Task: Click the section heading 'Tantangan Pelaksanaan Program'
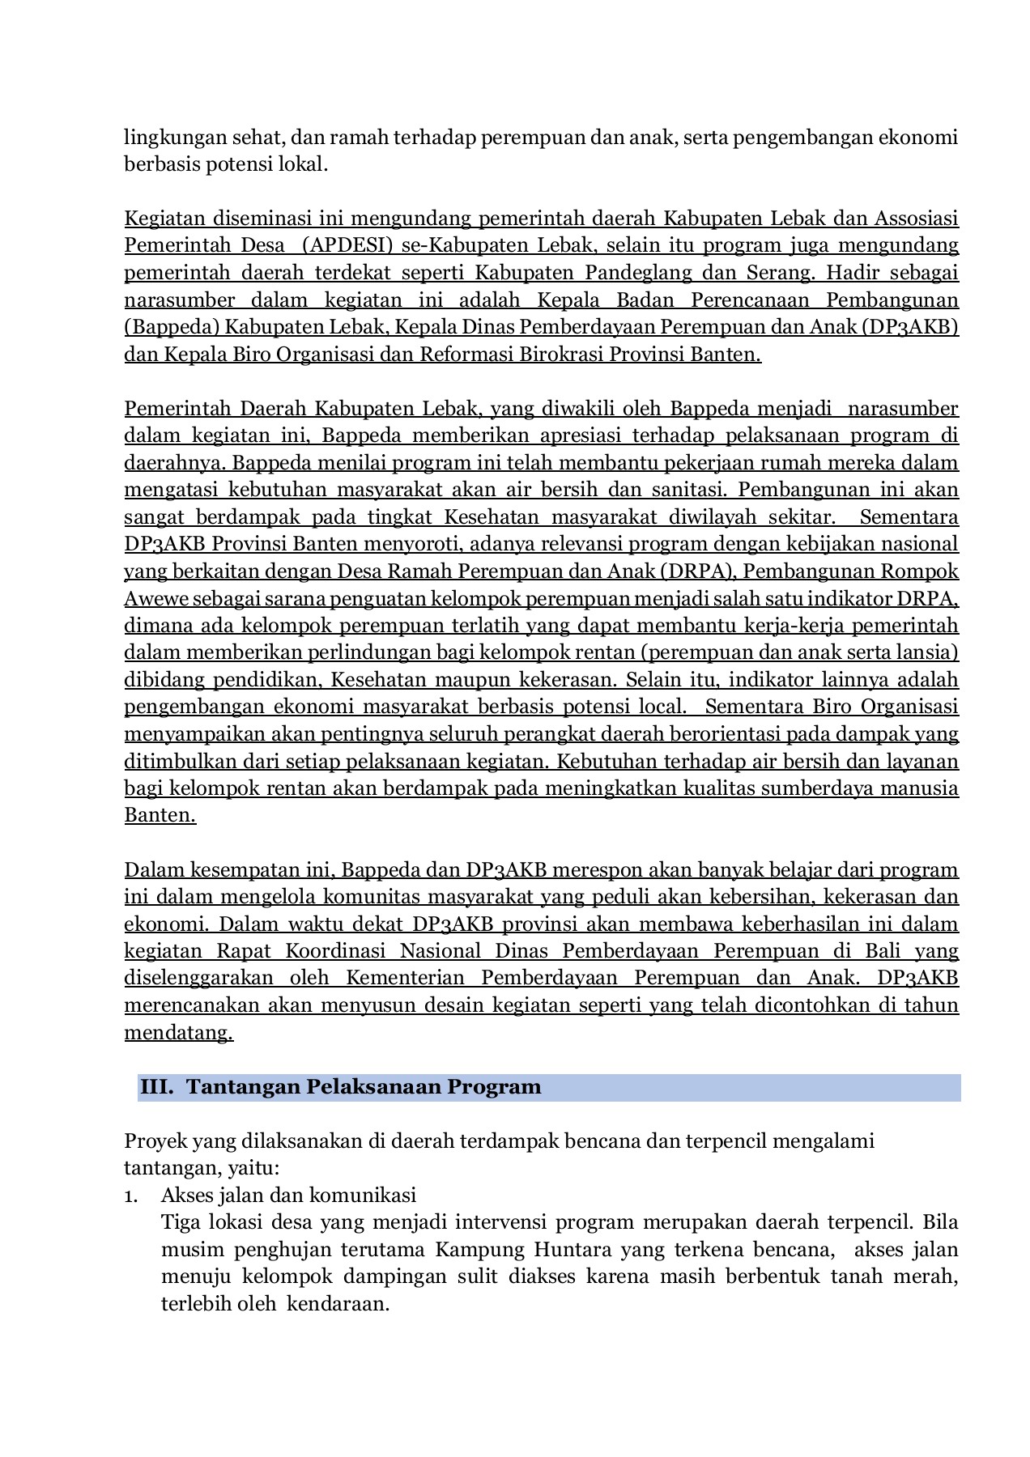point(364,1087)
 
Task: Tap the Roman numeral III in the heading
point(156,1087)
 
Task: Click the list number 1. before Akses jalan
point(131,1196)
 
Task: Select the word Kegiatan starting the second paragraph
point(164,219)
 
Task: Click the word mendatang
point(178,1033)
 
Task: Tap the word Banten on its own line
point(160,815)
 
